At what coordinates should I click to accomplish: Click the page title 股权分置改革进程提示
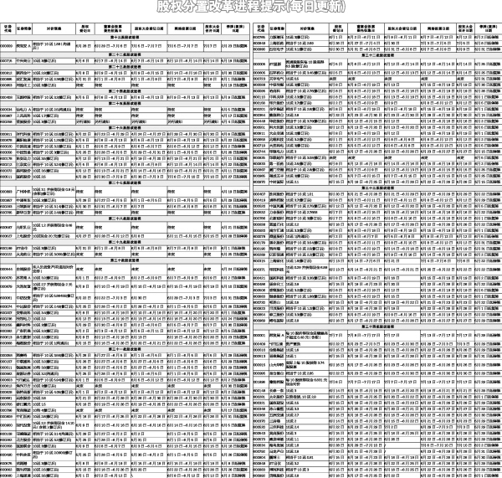251,8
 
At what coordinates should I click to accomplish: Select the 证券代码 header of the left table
7,28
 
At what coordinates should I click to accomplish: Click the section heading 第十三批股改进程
125,38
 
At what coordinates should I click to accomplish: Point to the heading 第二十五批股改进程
125,103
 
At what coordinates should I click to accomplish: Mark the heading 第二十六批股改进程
125,127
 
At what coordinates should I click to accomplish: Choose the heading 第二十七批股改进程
125,182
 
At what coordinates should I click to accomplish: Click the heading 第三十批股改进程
125,261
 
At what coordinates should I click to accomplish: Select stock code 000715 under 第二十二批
7,60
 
